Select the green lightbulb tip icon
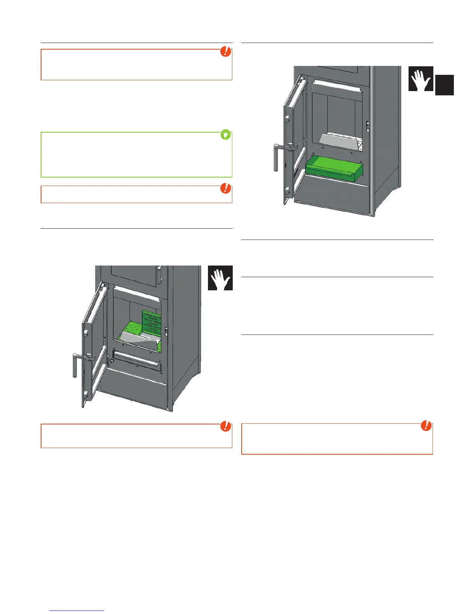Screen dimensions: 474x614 [225, 135]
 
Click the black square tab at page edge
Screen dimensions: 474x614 [444, 85]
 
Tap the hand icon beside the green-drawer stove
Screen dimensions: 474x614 [421, 79]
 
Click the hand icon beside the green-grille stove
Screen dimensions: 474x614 [220, 278]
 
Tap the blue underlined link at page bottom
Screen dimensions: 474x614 [77, 611]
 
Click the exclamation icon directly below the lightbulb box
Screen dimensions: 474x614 [225, 188]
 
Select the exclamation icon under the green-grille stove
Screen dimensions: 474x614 [225, 426]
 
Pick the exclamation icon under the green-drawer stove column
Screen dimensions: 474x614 [426, 426]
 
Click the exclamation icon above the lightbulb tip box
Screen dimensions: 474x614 [225, 51]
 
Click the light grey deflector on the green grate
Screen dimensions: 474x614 [141, 341]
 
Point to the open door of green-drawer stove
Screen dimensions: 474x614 [294, 140]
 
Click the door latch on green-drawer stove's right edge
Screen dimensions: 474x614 [368, 126]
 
